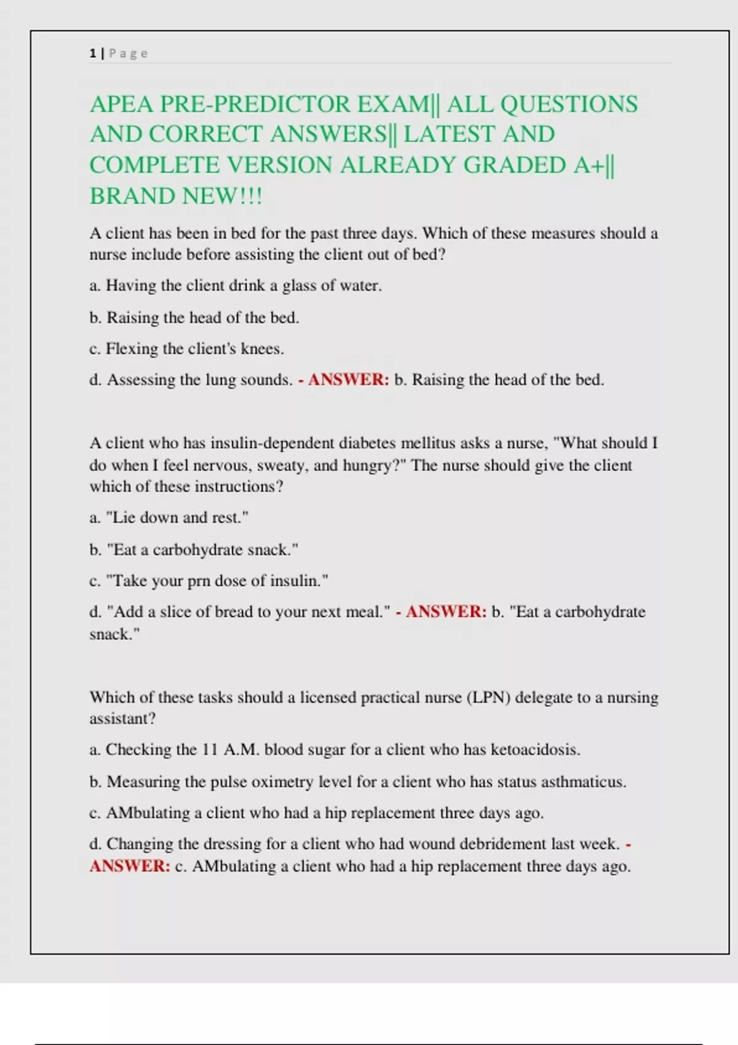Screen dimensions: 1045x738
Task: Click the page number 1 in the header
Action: tap(93, 53)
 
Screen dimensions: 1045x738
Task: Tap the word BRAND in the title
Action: tap(127, 196)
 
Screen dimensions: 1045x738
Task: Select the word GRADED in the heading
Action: tap(515, 165)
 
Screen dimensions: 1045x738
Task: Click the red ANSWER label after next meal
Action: tap(446, 612)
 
